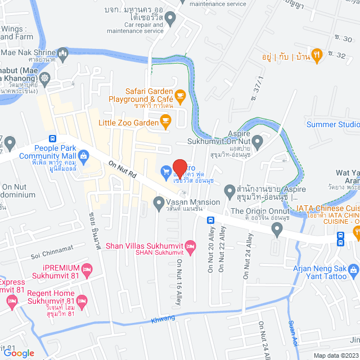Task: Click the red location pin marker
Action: [x=179, y=169]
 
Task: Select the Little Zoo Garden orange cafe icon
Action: [x=165, y=120]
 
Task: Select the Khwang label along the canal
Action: [x=163, y=319]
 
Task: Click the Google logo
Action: [x=19, y=353]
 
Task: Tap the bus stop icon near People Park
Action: [x=52, y=138]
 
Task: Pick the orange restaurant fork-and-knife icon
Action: [x=317, y=55]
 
